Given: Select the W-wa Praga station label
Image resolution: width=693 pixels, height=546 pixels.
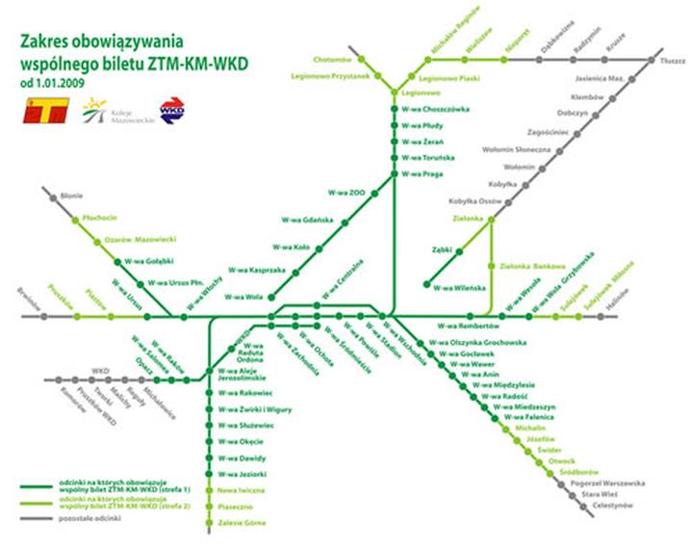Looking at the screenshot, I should (x=423, y=173).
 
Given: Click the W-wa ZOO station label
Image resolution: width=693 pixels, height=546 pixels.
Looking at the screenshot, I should (x=347, y=192).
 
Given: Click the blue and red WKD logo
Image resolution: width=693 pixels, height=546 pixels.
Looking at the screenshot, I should (x=171, y=110).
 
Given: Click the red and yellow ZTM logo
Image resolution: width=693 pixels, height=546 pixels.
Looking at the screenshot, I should (x=43, y=110).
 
